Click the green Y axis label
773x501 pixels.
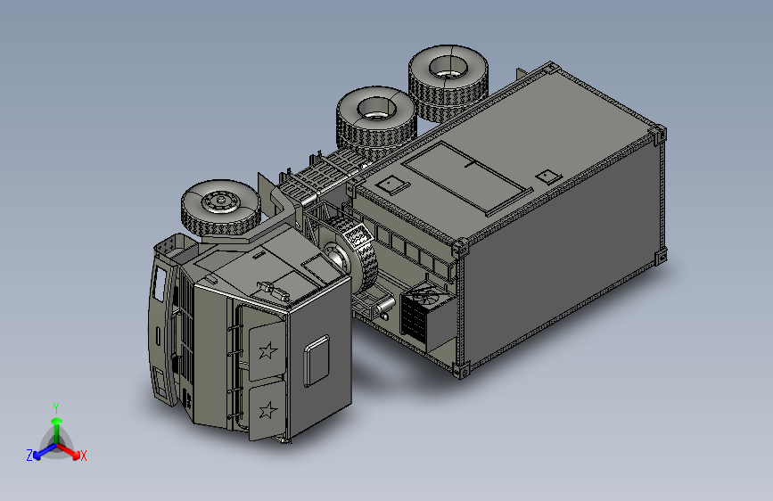click(56, 407)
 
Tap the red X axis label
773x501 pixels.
click(83, 456)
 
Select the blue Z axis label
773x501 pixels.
click(29, 456)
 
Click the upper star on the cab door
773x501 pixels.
click(268, 350)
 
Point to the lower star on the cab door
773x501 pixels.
click(268, 410)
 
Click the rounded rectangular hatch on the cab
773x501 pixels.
click(317, 360)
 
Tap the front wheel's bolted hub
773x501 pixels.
click(221, 201)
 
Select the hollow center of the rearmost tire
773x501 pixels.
click(448, 67)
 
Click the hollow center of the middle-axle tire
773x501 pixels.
click(376, 109)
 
